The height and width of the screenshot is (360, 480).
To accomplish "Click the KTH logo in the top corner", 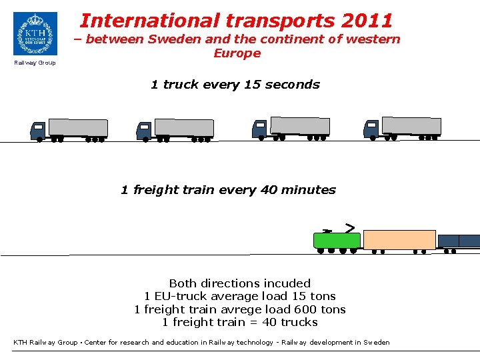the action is click(x=35, y=33).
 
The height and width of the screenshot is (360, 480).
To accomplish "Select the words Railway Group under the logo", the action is click(x=35, y=63).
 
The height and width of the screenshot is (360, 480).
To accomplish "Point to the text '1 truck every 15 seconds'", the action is click(x=235, y=85).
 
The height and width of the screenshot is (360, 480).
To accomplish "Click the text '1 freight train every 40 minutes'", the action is click(x=228, y=190).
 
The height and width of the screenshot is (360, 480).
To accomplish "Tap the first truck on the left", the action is click(x=69, y=129).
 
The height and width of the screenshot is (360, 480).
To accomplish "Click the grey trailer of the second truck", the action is click(x=184, y=128).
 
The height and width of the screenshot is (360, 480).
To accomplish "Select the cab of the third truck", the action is click(x=260, y=129).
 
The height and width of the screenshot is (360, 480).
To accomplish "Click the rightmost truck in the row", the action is click(x=402, y=128).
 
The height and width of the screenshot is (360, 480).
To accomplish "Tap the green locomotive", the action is click(x=337, y=241).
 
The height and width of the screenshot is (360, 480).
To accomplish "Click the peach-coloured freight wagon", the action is click(x=399, y=240).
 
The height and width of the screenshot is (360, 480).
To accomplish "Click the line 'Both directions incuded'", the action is click(x=240, y=283).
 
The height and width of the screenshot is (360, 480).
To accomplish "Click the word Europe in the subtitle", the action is click(x=237, y=53).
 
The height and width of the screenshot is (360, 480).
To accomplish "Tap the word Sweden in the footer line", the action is click(x=376, y=343).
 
